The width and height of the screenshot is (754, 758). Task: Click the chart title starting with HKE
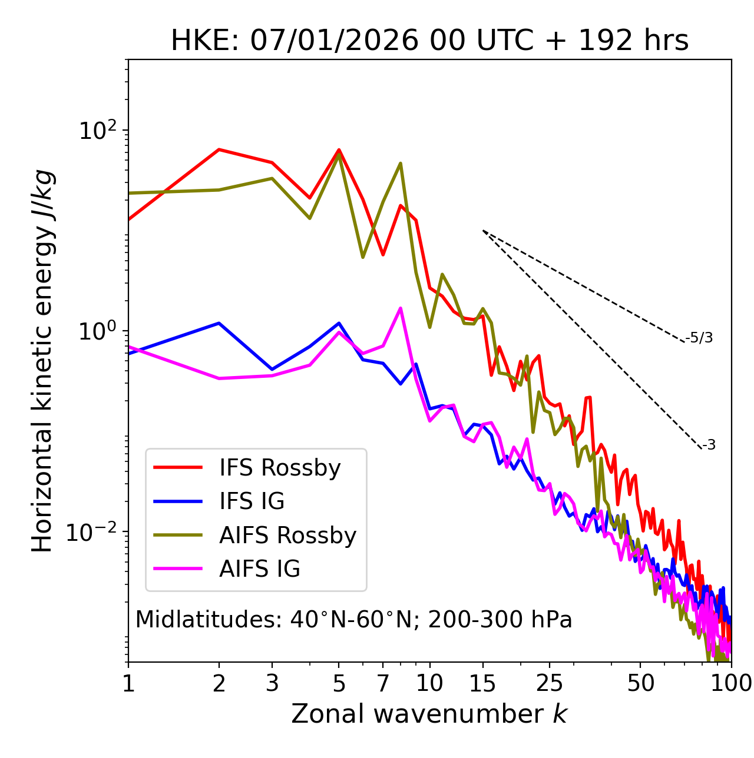[429, 41]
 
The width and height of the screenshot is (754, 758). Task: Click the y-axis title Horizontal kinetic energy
[43, 360]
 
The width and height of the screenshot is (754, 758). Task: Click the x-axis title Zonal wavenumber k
[429, 714]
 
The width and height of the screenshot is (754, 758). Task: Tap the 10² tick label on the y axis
[96, 131]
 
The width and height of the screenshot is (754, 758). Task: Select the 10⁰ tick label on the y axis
[96, 331]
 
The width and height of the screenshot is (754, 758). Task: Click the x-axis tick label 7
[383, 683]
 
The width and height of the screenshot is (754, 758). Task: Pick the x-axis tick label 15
[483, 683]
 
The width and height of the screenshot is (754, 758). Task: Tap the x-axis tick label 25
[550, 683]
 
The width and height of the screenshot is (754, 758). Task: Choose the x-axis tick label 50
[640, 683]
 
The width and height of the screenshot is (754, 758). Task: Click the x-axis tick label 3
[272, 683]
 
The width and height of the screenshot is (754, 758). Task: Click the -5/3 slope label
[699, 338]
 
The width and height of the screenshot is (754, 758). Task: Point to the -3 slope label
[709, 445]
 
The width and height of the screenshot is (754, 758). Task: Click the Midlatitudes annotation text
[353, 619]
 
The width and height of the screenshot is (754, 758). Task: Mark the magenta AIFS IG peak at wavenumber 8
[401, 308]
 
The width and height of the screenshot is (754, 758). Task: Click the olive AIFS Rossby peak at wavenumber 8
[401, 164]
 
